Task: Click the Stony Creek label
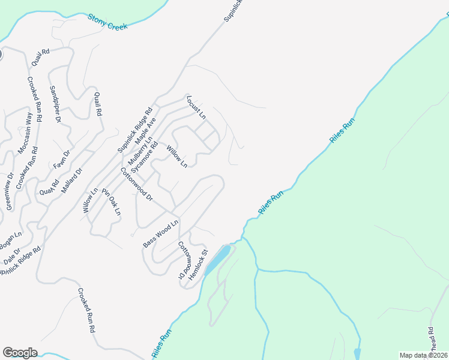pos(108,23)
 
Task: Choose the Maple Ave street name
pos(145,131)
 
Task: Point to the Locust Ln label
pos(196,107)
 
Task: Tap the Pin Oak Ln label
pos(111,202)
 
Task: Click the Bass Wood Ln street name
pos(161,234)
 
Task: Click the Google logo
pos(20,353)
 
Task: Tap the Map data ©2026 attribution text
pos(423,355)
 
